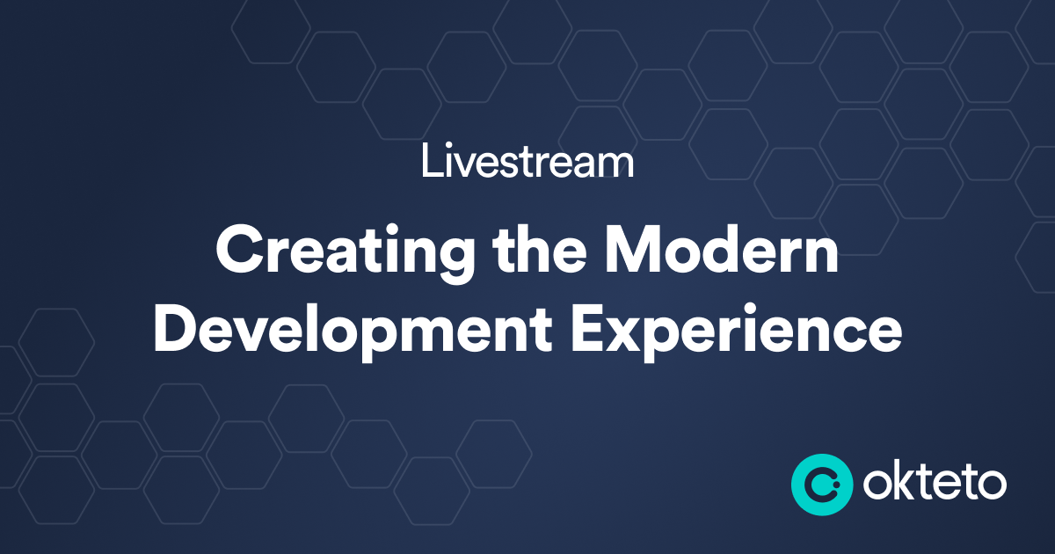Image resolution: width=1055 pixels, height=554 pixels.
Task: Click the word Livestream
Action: click(x=527, y=163)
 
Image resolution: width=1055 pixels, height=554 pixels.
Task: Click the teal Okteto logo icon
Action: click(x=821, y=484)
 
